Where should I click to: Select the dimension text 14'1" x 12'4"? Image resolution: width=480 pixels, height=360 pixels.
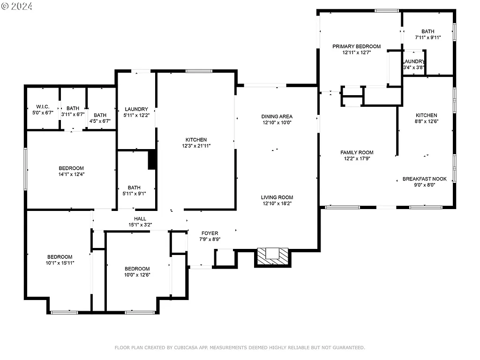(x=71, y=175)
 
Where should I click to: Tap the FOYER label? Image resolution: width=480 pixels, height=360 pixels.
(x=210, y=233)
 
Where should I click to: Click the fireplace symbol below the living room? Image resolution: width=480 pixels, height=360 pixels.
(x=273, y=256)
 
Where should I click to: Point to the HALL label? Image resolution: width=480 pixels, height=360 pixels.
(x=140, y=218)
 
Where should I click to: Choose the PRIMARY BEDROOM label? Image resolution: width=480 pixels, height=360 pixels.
(x=356, y=46)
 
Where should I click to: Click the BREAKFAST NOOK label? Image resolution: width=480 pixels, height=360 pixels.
(x=424, y=179)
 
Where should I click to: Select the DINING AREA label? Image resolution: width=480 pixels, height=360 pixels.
(x=277, y=116)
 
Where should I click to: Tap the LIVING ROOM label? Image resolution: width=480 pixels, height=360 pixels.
(x=277, y=197)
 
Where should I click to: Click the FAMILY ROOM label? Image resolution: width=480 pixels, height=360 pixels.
(x=357, y=152)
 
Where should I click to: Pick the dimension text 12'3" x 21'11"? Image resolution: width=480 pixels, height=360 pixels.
(x=196, y=146)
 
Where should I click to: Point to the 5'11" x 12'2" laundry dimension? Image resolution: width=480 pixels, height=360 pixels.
(x=136, y=115)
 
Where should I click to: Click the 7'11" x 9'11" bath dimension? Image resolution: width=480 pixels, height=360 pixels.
(x=427, y=37)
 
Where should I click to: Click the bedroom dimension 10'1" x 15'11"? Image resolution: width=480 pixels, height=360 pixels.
(x=60, y=263)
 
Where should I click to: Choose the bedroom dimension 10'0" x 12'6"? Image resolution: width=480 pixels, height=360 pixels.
(x=137, y=275)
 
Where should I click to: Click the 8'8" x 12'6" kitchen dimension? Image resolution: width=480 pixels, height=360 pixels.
(x=426, y=121)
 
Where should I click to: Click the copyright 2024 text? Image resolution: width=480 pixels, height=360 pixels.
(x=17, y=6)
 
